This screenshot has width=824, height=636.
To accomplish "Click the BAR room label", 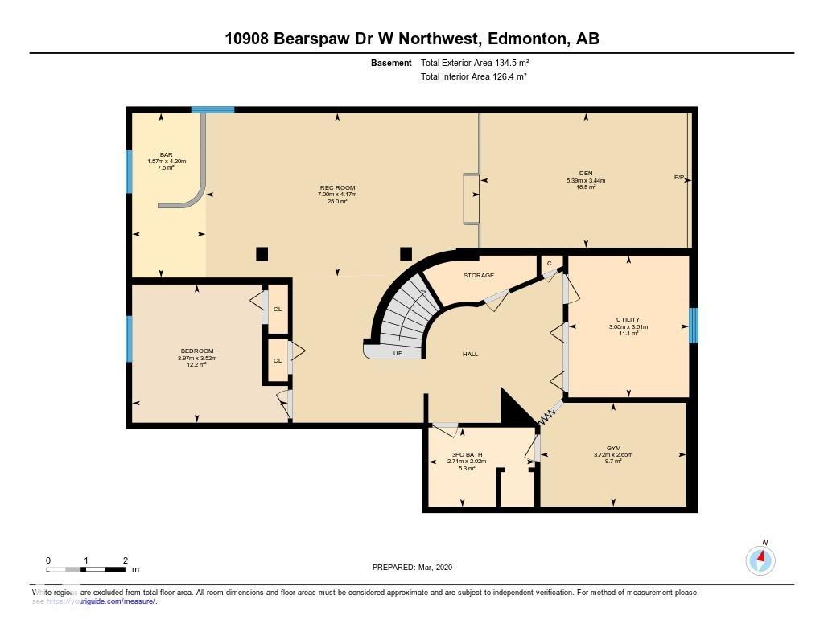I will tap(166, 154).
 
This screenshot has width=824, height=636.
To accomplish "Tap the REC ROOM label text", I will tap(337, 188).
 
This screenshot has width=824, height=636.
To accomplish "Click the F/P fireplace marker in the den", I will tap(679, 177).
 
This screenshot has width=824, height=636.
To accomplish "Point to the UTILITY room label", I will tap(628, 320).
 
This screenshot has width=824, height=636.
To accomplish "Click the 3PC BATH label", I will tap(467, 454).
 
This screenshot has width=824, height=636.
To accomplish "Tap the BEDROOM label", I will tap(197, 351).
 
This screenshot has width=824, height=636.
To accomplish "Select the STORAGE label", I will tap(478, 275).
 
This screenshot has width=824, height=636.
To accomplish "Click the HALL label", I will tap(471, 354).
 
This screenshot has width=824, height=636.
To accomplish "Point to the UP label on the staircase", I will tap(398, 353).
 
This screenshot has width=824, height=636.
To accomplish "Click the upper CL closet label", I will tap(278, 309).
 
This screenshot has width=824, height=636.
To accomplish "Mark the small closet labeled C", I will tap(549, 263).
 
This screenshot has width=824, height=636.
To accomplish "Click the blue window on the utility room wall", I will tap(694, 326).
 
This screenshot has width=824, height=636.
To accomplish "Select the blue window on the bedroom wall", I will tap(129, 339).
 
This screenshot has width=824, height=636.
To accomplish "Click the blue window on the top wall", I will tap(212, 109).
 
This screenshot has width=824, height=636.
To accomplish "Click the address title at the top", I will tap(411, 39).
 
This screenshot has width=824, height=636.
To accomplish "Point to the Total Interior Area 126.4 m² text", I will tap(474, 77).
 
